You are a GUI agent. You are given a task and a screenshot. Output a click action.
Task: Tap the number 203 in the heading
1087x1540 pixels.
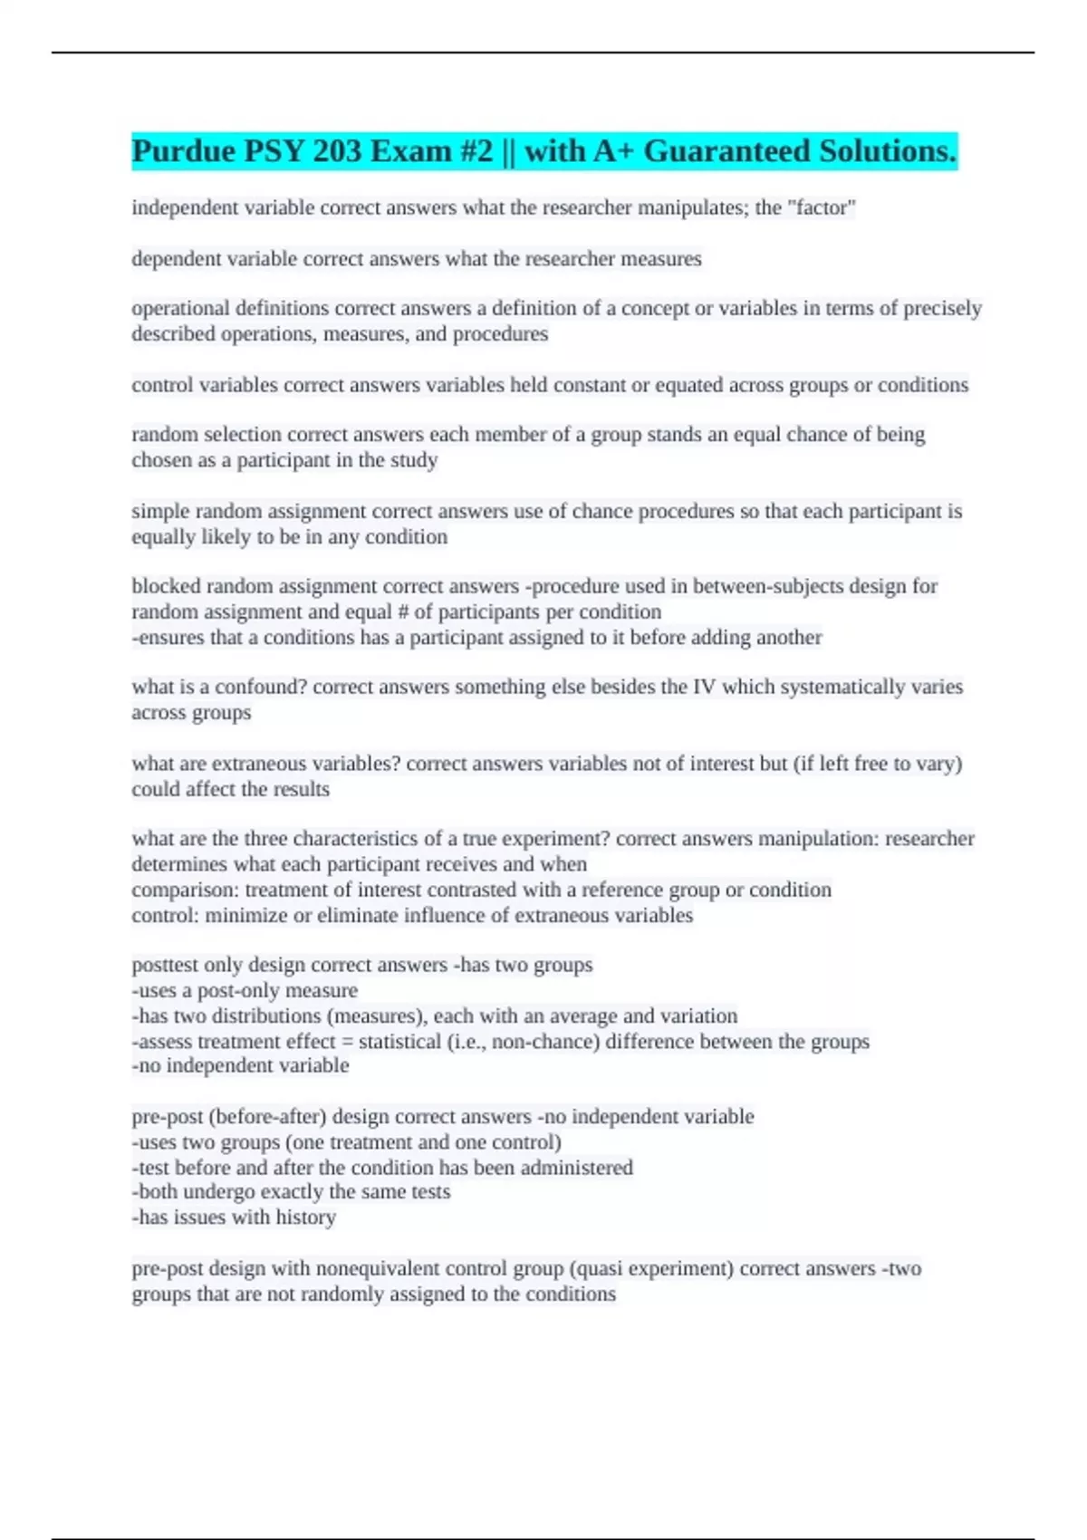coord(337,151)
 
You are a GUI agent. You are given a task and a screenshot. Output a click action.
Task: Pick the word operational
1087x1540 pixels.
coord(180,309)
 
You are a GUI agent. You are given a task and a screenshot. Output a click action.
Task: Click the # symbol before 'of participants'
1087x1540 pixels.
coord(404,611)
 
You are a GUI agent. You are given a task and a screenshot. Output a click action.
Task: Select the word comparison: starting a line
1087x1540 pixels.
coord(185,890)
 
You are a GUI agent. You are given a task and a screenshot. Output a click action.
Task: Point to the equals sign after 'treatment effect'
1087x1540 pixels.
coord(347,1042)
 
